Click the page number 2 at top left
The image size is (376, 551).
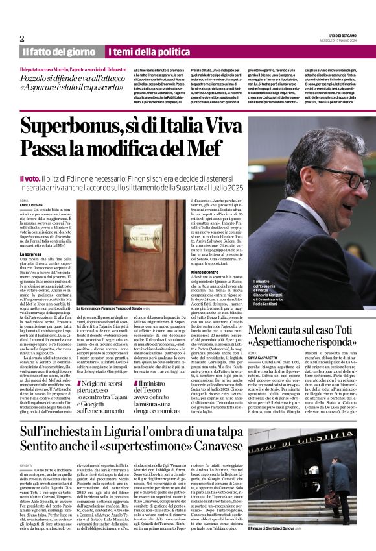[22, 38]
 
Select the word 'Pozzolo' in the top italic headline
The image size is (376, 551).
[38, 77]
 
